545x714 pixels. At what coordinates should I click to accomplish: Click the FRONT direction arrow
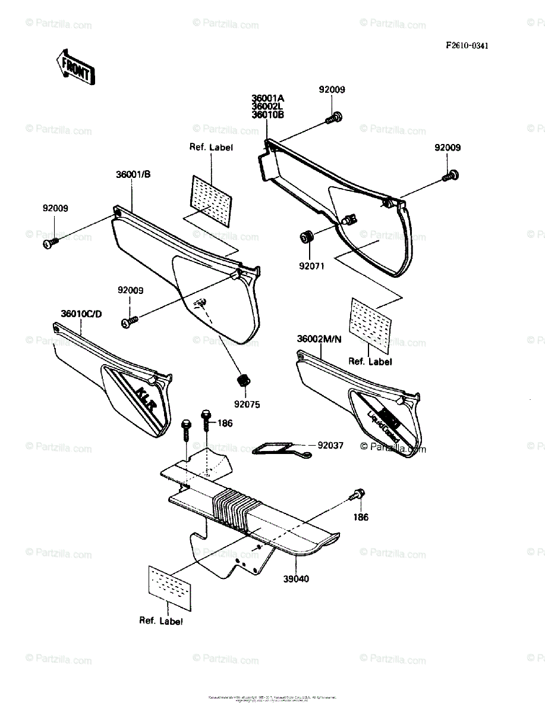tap(74, 67)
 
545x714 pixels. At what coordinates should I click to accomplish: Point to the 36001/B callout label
tap(134, 175)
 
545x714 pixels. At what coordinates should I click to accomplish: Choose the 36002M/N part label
tap(320, 339)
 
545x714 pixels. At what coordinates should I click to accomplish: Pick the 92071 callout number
tap(311, 266)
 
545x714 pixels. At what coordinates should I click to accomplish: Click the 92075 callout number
tap(247, 404)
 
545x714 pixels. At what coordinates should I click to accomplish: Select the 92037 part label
tap(330, 444)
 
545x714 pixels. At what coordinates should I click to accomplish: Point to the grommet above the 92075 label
tap(242, 379)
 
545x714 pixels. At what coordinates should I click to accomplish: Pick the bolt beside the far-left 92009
tap(49, 242)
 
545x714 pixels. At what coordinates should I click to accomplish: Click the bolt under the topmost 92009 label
tap(334, 117)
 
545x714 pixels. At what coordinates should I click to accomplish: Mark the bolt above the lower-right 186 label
tap(358, 494)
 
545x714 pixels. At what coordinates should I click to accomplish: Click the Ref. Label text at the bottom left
tap(161, 621)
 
